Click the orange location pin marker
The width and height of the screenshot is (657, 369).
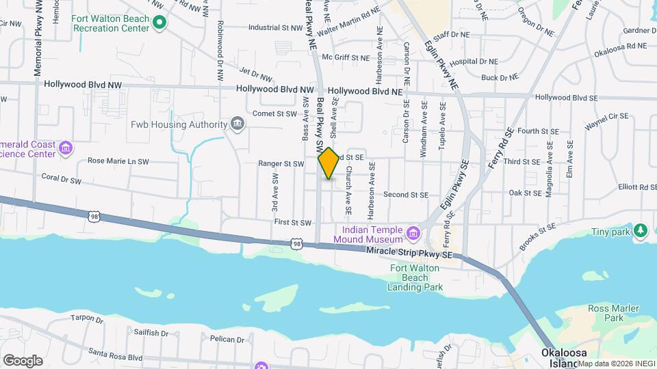[328, 163]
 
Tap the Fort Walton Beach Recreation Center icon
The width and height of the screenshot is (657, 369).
[159, 23]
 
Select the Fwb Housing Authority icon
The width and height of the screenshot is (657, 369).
[237, 124]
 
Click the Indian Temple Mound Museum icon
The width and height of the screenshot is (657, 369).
[412, 234]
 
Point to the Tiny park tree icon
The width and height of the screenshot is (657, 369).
[641, 230]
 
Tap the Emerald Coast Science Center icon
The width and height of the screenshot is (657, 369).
[66, 148]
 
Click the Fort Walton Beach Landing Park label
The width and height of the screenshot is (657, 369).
[415, 277]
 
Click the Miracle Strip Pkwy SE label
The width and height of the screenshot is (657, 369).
[410, 254]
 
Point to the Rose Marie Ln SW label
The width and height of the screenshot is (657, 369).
[118, 161]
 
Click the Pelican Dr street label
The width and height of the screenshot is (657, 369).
[227, 339]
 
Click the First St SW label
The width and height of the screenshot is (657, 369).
[293, 222]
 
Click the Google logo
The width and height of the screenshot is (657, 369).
[23, 361]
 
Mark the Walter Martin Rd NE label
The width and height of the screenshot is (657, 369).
[350, 30]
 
